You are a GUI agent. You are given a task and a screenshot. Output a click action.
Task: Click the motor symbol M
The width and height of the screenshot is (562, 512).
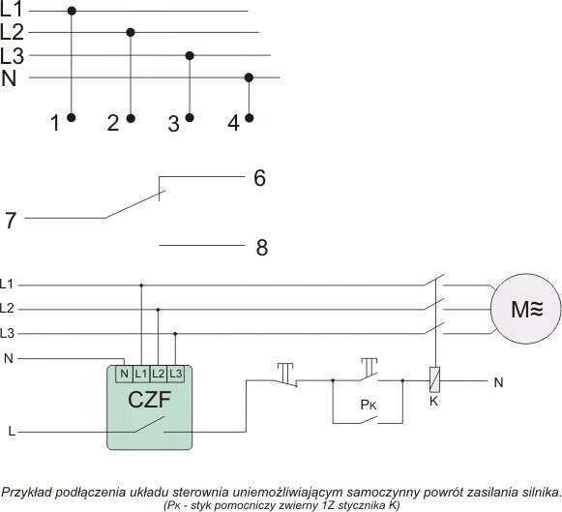click(x=525, y=309)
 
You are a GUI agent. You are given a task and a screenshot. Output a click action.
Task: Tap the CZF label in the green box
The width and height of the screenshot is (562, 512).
click(x=150, y=400)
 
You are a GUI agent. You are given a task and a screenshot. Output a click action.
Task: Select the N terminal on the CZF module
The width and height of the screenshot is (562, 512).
click(x=124, y=374)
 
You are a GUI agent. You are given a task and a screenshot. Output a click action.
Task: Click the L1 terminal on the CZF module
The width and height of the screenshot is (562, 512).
click(x=141, y=374)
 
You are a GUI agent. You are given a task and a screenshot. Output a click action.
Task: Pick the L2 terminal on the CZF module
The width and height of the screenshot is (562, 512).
click(x=158, y=374)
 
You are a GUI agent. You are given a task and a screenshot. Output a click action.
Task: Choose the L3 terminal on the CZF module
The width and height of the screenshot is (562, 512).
click(x=175, y=374)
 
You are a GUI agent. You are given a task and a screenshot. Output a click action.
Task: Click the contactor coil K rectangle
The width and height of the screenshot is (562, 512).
click(x=434, y=379)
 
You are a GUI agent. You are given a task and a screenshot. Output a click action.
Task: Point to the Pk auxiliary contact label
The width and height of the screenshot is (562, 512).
click(x=369, y=405)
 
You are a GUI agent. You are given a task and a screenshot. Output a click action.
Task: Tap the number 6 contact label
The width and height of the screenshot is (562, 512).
click(x=260, y=177)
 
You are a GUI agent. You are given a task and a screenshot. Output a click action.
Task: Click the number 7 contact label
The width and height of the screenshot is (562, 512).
click(x=11, y=220)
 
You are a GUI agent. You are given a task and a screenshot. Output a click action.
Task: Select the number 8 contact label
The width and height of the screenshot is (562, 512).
click(x=262, y=248)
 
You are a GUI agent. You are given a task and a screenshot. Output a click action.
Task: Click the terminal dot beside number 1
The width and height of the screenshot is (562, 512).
click(x=72, y=117)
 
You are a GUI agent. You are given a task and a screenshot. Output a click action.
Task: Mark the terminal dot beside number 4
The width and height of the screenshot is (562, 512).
click(x=249, y=118)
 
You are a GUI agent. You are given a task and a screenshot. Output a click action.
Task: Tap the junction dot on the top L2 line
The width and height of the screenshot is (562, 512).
click(x=131, y=33)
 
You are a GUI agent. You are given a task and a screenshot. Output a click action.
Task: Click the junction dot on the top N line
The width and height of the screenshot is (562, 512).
click(x=249, y=77)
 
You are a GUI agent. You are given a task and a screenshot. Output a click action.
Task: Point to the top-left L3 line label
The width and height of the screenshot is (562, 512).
click(x=12, y=56)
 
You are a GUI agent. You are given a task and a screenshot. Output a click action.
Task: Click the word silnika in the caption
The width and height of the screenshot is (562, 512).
click(x=542, y=492)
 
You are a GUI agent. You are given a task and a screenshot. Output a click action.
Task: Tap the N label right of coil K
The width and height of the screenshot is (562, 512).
click(x=498, y=382)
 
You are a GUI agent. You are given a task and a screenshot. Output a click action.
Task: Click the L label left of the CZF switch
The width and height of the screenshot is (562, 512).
click(x=12, y=431)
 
